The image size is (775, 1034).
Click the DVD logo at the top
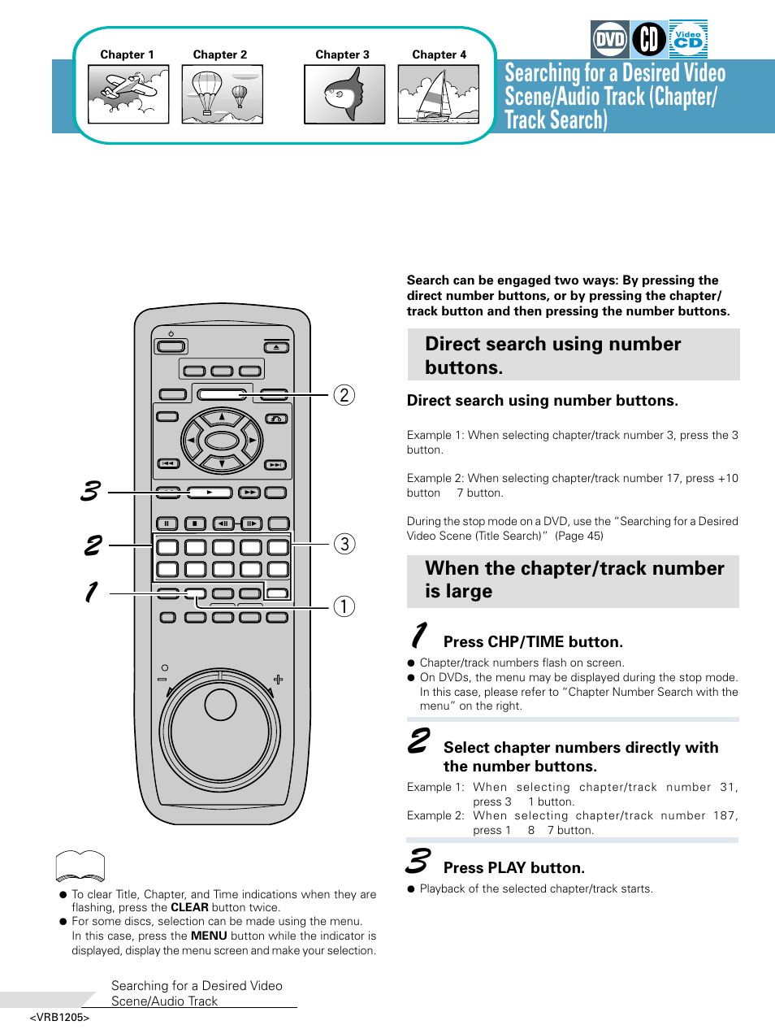609,39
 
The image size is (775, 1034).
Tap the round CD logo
649,39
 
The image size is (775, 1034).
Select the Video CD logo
688,39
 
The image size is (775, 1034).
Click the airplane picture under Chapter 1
128,94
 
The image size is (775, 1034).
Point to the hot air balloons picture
222,94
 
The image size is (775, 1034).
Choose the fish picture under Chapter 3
344,94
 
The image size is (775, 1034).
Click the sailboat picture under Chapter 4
439,94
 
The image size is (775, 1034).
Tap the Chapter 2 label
220,54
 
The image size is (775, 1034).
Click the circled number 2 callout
344,395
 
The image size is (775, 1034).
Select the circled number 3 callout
344,544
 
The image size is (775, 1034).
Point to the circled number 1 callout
344,606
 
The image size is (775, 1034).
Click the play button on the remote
210,493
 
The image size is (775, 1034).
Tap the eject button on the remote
276,347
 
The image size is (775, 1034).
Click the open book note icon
80,867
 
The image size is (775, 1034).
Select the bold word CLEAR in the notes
189,907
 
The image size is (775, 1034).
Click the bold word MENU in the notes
209,936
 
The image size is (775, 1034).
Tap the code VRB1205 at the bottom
59,1018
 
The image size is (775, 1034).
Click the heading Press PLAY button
513,867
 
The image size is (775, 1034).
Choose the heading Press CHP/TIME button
533,641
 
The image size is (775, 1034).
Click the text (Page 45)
579,536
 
